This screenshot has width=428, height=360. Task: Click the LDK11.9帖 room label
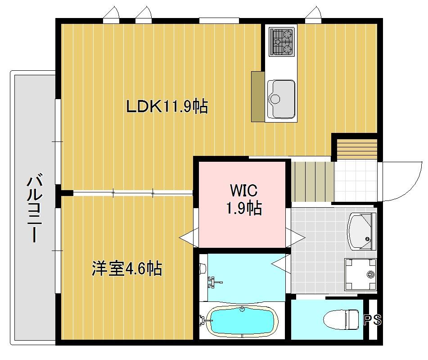coord(167,106)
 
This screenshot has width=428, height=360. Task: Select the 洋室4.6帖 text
coord(127,269)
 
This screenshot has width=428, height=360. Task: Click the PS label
coord(373,320)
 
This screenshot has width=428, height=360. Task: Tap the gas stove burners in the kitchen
coord(282,41)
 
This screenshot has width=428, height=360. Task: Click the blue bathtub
coord(242,320)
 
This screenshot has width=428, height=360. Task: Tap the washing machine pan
coord(360,273)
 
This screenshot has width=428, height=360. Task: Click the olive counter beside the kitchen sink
coord(258,96)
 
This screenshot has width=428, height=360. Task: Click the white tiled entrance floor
coord(356,180)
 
